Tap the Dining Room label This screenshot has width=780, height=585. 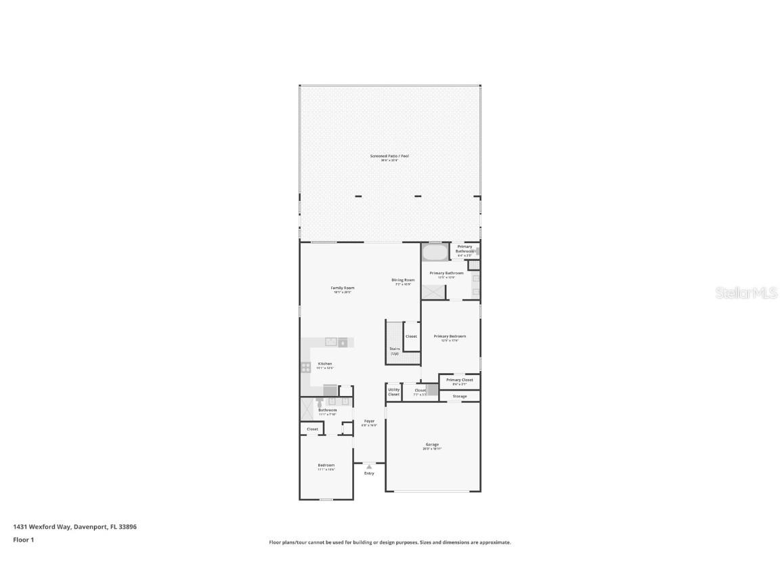(x=403, y=281)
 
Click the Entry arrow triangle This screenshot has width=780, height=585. (x=369, y=467)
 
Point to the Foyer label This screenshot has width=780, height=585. (x=369, y=422)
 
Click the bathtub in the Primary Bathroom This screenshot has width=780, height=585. (x=434, y=253)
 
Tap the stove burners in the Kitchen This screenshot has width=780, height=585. (x=306, y=368)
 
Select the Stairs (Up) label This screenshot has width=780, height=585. (x=394, y=351)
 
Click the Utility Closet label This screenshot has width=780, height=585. (x=393, y=392)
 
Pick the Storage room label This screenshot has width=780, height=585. (x=460, y=396)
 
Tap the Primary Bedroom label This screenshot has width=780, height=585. (x=450, y=337)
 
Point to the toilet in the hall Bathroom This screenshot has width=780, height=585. (x=318, y=402)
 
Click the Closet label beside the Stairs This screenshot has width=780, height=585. (x=411, y=337)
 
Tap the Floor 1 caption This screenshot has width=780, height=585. (x=23, y=540)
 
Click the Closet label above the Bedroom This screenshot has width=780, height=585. (x=312, y=429)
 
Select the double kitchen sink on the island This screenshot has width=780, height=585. (x=331, y=342)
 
